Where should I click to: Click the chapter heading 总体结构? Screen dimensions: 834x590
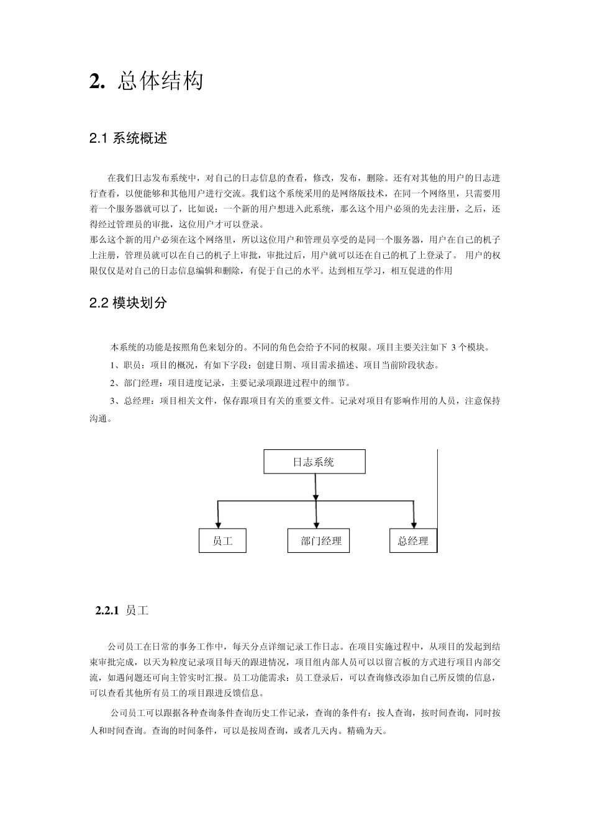(160, 81)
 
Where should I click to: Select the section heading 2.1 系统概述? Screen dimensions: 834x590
(129, 138)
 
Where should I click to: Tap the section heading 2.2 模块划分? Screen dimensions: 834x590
(129, 303)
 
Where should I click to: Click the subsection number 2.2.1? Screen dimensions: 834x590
(107, 611)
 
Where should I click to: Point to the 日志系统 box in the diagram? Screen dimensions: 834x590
(314, 462)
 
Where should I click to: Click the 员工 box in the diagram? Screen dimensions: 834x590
(222, 540)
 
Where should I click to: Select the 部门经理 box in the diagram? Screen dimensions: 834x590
(319, 540)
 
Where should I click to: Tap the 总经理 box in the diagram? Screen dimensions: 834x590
(413, 540)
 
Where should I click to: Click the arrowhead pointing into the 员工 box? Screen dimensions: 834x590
(218, 522)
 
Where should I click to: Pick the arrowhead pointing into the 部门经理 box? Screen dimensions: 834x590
(317, 522)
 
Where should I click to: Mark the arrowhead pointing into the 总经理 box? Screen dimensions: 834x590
(414, 522)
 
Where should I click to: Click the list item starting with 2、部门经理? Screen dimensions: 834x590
(230, 383)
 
